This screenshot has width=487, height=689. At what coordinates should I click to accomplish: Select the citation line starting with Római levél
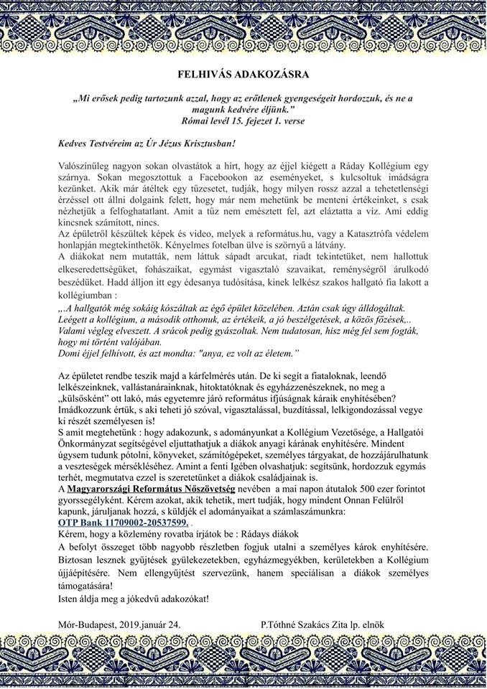tap(243, 121)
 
